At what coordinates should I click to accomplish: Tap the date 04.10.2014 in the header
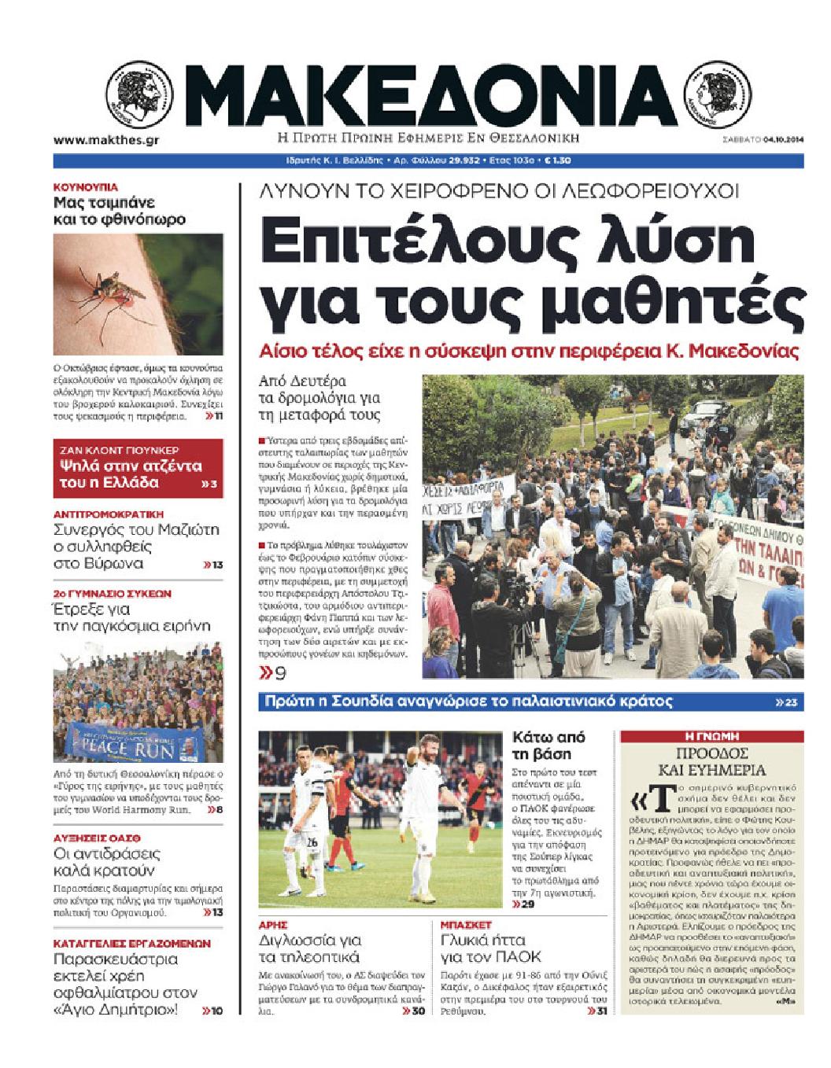(x=782, y=142)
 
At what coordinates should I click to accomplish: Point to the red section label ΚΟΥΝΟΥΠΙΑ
(x=85, y=187)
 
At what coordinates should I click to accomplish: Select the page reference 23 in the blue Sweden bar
(x=789, y=702)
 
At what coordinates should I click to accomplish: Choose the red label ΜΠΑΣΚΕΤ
(x=465, y=924)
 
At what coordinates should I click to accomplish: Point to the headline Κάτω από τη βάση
(x=548, y=746)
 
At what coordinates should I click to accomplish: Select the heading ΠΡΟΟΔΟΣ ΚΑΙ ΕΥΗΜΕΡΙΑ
(x=712, y=761)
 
